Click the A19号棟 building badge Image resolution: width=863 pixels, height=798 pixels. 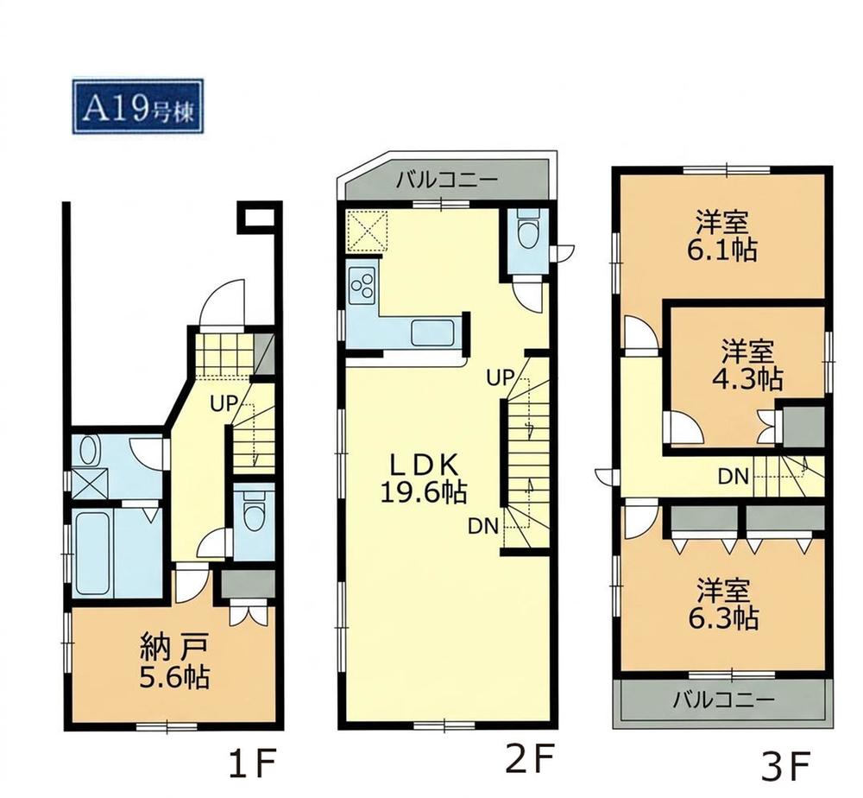click(137, 106)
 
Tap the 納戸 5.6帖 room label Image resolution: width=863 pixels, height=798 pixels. click(174, 662)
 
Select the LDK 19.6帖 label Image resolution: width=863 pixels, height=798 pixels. click(424, 479)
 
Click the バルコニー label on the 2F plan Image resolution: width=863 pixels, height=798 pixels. click(447, 180)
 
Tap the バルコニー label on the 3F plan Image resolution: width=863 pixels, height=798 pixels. click(723, 700)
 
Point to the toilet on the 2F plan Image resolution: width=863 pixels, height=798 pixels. click(528, 233)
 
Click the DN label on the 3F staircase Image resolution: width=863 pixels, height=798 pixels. click(734, 477)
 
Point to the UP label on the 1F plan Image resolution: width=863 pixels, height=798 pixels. click(223, 403)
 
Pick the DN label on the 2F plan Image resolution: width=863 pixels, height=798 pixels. click(483, 527)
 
